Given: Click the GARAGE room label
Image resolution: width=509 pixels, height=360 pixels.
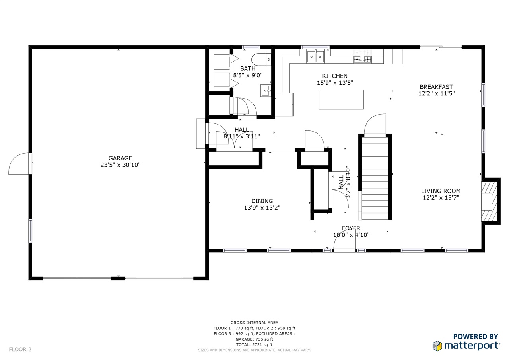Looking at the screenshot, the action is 120,158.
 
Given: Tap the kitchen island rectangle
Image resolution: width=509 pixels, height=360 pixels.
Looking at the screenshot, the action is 341,99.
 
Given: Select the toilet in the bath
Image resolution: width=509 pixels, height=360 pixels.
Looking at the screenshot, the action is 261,60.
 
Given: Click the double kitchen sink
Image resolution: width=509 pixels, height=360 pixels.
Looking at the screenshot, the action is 315,56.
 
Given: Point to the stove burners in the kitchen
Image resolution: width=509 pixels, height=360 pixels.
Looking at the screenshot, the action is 362,60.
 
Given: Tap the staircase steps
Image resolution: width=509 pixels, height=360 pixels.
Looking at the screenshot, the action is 375,178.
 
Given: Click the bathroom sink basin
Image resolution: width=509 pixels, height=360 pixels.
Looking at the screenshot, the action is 266,91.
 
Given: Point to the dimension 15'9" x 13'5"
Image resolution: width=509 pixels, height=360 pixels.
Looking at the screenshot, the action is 335,83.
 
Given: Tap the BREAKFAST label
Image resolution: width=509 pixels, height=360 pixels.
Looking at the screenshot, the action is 436,87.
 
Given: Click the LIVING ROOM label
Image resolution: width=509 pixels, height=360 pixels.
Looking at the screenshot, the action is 441,191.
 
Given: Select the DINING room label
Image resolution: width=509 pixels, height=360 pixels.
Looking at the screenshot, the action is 262,201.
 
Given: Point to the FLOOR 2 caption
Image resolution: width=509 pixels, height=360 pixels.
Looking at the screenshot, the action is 20,349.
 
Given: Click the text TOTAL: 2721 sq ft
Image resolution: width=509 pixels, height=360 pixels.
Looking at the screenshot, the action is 254,344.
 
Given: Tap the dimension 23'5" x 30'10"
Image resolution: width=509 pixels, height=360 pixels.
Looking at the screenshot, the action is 120,165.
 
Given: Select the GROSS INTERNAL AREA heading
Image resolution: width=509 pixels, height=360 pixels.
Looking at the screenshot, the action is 254,323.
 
